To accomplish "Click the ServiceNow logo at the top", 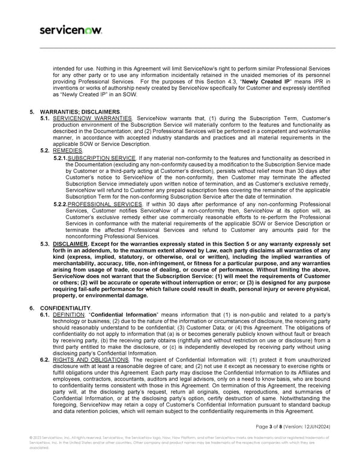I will pos(70,29).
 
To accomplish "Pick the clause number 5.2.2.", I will pos(60,204).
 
